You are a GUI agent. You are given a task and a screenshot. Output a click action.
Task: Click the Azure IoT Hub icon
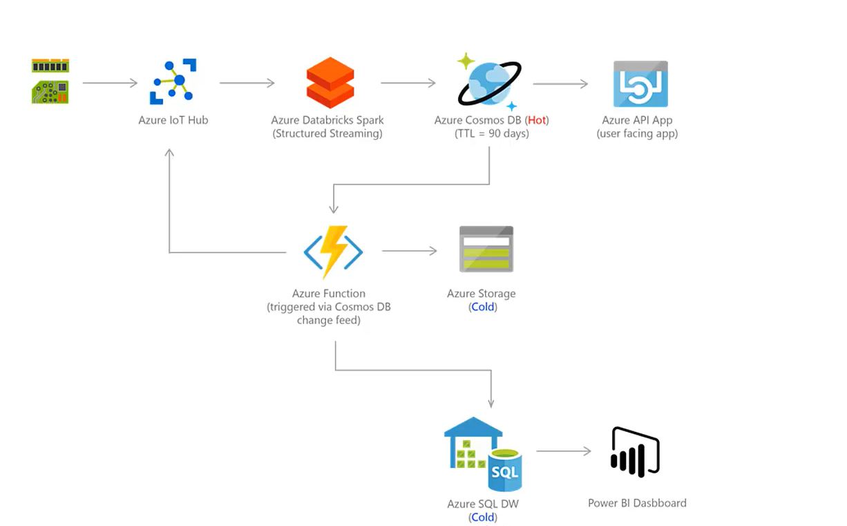coord(173,82)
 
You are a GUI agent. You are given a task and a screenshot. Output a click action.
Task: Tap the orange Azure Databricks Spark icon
coord(330,83)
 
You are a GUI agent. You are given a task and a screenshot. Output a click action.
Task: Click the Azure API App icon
coord(640,84)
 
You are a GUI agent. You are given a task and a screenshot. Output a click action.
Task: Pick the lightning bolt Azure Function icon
coord(334,252)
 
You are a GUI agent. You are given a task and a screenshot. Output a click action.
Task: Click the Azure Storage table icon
coord(486,250)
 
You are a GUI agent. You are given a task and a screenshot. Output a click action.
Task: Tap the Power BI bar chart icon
coord(635,452)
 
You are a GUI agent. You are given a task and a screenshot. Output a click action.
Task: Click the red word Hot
coord(537,120)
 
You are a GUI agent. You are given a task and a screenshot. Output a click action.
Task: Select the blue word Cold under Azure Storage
coord(482,307)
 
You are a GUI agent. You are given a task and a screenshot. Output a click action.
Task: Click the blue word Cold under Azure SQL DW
coord(482,517)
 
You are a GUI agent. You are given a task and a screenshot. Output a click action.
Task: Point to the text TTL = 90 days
coord(491,133)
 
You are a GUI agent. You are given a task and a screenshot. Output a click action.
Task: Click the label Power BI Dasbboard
coord(637,503)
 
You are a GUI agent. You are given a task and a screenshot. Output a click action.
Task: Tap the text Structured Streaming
coord(327,133)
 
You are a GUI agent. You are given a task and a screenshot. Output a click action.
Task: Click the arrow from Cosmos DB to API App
coord(560,84)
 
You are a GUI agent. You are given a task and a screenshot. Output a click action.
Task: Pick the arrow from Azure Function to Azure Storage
coord(409,251)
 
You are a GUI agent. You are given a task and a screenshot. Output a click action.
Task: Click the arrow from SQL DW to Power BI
coord(563,451)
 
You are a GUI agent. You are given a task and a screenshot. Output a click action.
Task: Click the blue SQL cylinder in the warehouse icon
coord(505,470)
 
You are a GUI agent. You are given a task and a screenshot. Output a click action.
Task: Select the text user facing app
coord(637,133)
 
